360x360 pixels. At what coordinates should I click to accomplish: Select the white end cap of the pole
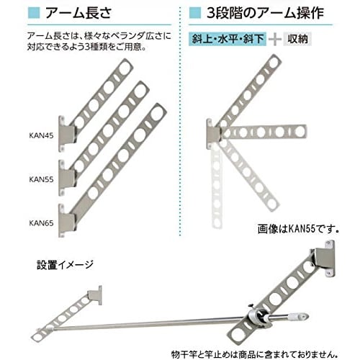297,315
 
